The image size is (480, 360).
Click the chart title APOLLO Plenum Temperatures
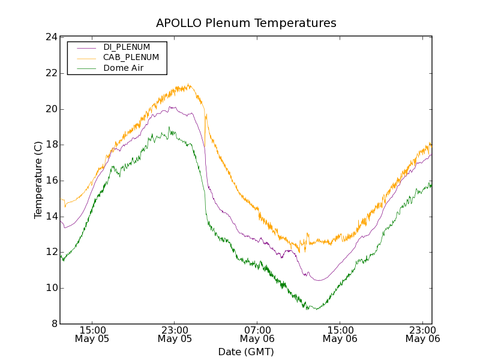click(x=246, y=23)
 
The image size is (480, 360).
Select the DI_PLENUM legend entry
click(x=127, y=47)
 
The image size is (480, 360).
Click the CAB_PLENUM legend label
click(x=131, y=58)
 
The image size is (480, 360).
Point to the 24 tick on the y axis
click(x=51, y=37)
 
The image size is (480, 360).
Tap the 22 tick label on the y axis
click(x=51, y=73)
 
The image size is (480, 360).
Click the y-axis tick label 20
click(x=51, y=109)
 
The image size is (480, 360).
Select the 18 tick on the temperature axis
click(x=51, y=145)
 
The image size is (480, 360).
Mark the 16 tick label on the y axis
click(x=51, y=181)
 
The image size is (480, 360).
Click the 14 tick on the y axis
click(x=51, y=217)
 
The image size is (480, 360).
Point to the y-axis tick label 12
click(x=51, y=252)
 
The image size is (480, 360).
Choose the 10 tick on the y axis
click(x=51, y=288)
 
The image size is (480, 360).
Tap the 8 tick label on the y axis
click(x=54, y=324)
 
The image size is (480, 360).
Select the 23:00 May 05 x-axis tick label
click(x=175, y=334)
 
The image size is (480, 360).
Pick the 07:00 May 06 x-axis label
click(x=257, y=334)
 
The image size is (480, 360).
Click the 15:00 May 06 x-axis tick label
click(x=340, y=334)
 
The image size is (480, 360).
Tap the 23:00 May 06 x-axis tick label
click(x=423, y=334)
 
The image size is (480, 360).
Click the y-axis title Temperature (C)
click(x=38, y=180)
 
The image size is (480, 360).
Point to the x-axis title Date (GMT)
click(x=246, y=352)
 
